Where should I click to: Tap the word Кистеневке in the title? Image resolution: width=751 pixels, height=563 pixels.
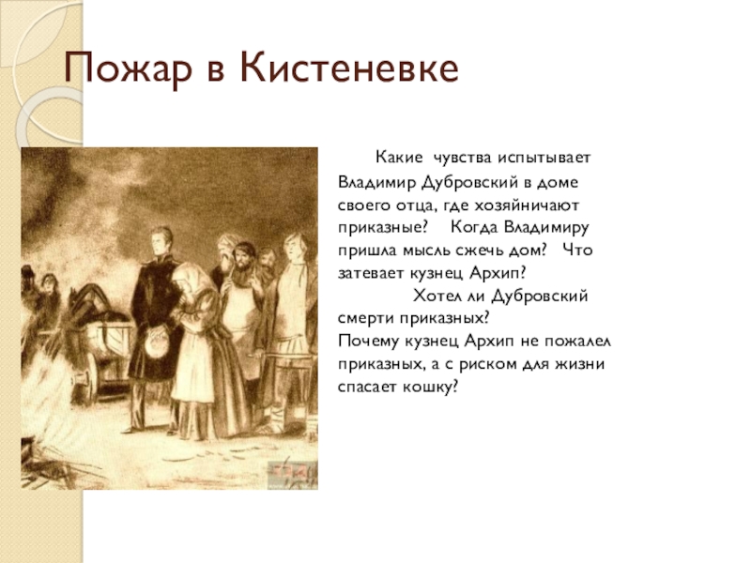(349, 68)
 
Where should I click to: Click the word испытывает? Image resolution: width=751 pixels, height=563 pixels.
(544, 158)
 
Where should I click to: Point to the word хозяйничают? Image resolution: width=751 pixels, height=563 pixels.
(527, 205)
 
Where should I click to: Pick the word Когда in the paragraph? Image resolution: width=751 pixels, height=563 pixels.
(474, 227)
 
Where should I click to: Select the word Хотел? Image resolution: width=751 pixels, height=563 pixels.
(436, 296)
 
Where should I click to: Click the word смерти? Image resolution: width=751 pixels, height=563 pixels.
(365, 319)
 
